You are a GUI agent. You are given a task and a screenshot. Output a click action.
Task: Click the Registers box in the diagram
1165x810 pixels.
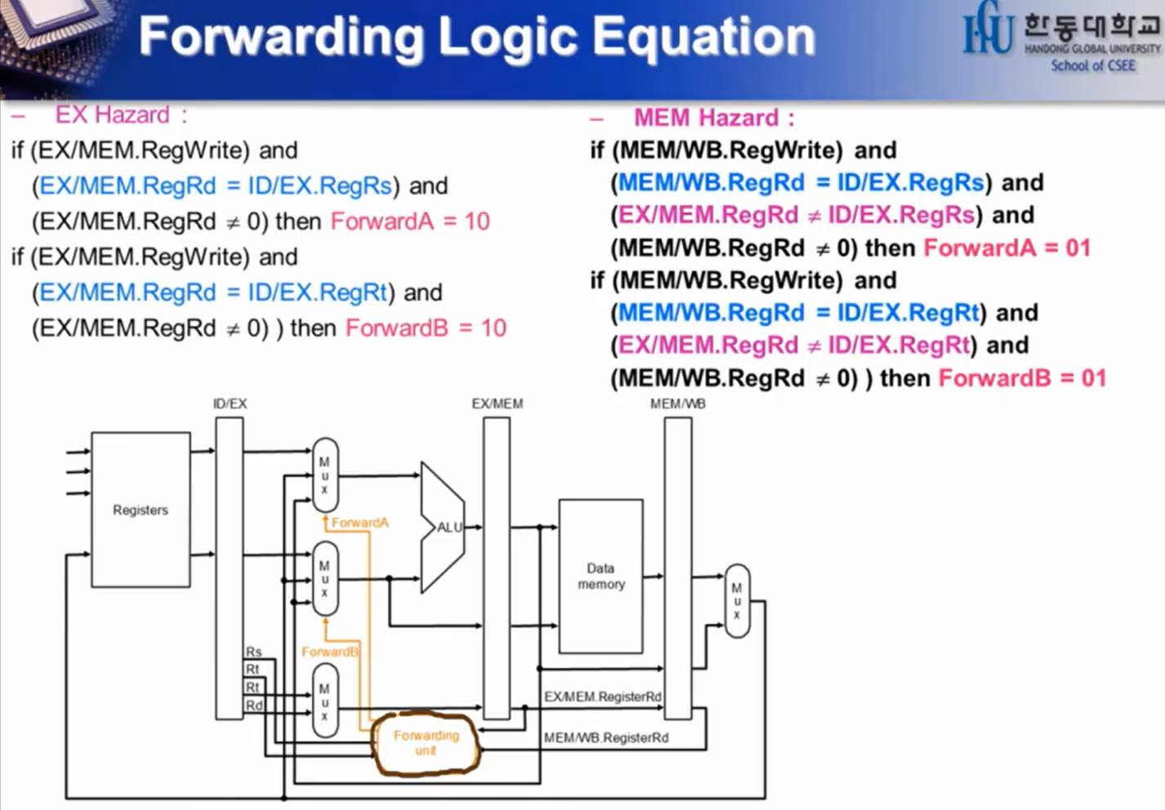141,510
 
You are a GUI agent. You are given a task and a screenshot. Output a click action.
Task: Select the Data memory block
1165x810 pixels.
600,576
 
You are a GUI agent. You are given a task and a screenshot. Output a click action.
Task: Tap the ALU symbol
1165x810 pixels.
445,527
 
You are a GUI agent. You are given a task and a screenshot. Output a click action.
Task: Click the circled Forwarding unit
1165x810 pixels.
426,742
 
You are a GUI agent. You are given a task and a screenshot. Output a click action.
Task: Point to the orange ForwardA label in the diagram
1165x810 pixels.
359,523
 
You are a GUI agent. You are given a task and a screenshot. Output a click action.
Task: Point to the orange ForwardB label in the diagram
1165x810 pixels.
329,652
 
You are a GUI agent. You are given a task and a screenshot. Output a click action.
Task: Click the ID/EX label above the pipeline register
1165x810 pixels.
230,403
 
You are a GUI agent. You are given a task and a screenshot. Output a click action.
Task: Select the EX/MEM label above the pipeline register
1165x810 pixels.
497,403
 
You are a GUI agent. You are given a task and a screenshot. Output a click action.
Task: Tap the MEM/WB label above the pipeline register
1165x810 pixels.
677,403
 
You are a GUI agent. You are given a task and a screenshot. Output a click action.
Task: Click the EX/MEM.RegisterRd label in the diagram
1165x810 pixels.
602,697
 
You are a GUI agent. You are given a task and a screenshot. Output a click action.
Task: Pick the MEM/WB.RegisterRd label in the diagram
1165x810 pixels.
605,737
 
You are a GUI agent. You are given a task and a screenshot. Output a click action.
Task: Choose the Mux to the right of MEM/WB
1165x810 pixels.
737,600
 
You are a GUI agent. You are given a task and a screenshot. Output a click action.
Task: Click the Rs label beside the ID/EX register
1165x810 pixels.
253,652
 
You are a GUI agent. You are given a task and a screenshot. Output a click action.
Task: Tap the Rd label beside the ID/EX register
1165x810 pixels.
253,705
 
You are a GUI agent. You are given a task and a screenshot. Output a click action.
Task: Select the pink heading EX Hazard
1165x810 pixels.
112,115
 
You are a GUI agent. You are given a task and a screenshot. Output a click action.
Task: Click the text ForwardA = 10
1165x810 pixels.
410,221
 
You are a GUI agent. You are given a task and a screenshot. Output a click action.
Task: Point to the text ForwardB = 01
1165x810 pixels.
1022,378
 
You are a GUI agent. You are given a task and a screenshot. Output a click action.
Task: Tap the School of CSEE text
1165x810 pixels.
1092,65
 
